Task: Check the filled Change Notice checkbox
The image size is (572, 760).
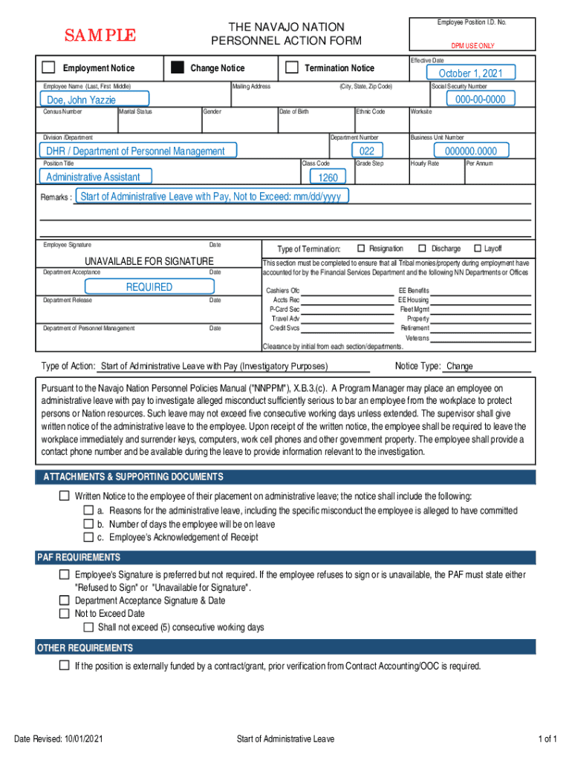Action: [178, 68]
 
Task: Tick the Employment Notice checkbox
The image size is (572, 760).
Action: [48, 68]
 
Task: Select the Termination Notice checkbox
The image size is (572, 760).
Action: [292, 68]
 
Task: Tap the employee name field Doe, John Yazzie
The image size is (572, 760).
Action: [94, 99]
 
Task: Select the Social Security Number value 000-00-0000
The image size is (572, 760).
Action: [480, 99]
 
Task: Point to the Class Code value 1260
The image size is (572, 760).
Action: [328, 177]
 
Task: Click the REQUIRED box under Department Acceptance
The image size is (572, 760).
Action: [149, 286]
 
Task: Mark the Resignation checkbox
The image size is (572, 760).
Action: [361, 248]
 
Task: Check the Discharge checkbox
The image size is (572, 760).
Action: [422, 248]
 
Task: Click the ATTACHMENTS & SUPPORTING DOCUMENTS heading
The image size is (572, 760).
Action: [133, 477]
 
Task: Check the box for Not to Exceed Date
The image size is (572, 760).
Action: [64, 614]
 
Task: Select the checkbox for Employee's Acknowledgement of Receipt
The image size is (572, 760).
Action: [88, 537]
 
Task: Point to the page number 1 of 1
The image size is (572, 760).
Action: [547, 739]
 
